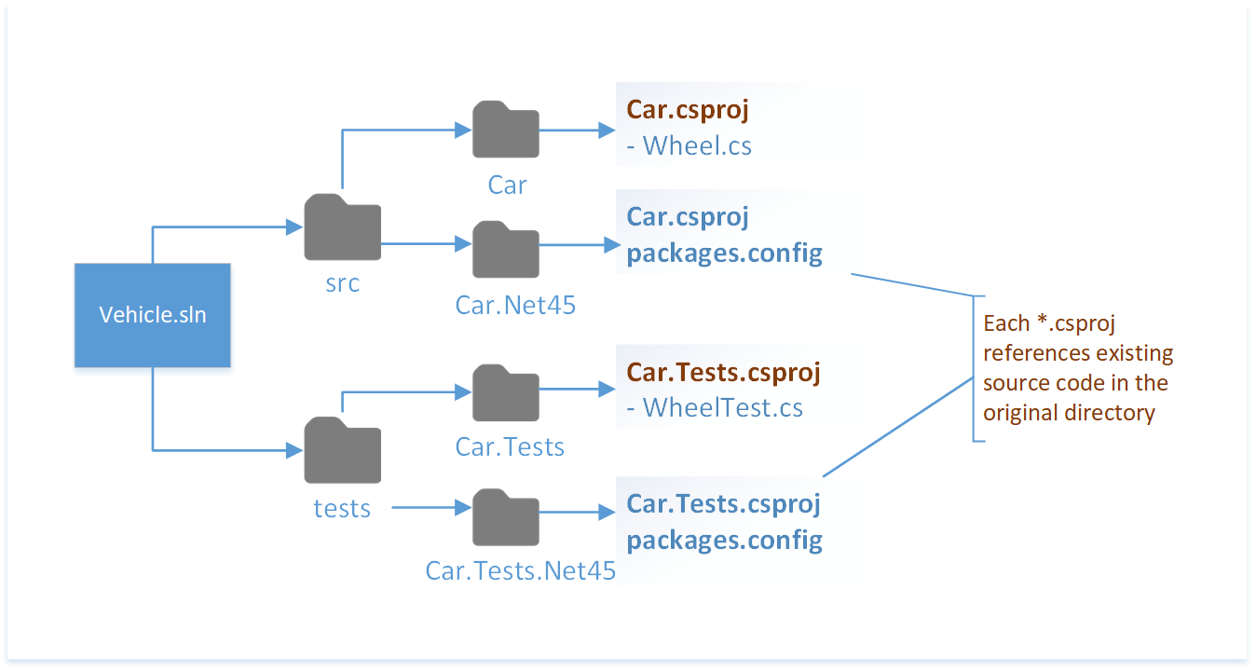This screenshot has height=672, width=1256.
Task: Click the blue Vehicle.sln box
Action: click(x=152, y=315)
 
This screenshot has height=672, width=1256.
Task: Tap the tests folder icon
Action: click(x=342, y=451)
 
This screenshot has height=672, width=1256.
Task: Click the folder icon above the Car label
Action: click(x=506, y=130)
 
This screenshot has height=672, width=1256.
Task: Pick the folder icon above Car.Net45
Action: click(x=506, y=249)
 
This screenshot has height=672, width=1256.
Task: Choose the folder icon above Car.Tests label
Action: click(x=506, y=392)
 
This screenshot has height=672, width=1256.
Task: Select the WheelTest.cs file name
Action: click(x=723, y=407)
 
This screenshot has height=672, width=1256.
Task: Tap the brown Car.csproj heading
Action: click(x=688, y=110)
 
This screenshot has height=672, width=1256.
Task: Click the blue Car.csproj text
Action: click(x=688, y=216)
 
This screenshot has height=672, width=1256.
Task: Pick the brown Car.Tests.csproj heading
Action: click(x=723, y=373)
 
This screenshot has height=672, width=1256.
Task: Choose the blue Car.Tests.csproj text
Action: click(x=723, y=504)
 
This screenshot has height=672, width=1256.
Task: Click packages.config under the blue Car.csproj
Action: click(x=724, y=254)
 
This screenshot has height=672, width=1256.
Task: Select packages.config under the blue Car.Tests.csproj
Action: click(x=724, y=540)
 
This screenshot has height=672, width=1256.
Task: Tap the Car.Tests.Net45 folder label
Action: click(x=520, y=570)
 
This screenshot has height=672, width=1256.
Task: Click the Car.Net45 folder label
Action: click(x=515, y=304)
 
